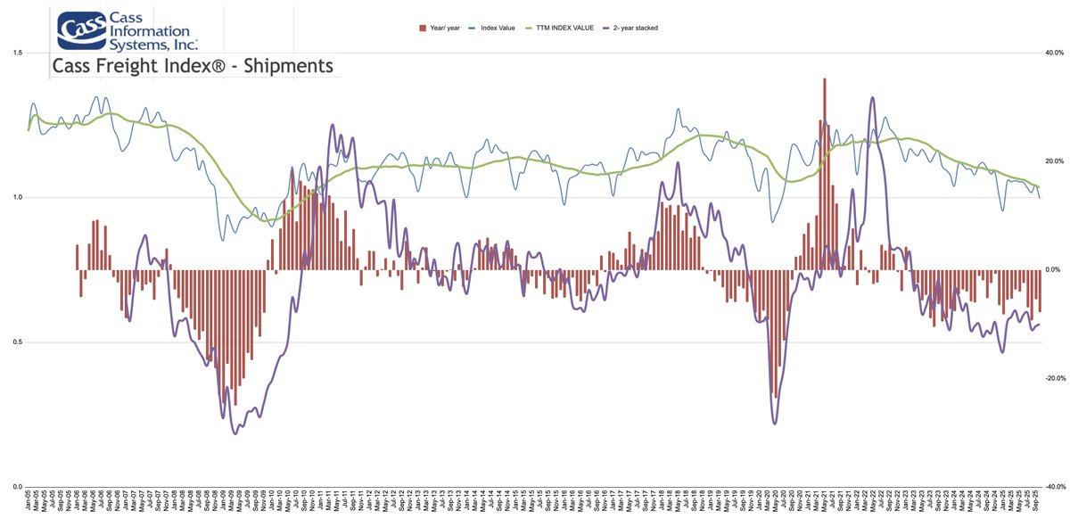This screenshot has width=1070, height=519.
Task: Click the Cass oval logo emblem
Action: [x=83, y=31]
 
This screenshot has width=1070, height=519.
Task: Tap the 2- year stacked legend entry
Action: [x=632, y=29]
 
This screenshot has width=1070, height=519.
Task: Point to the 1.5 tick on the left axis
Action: [x=17, y=53]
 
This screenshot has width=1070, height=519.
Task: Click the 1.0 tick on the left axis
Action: [x=17, y=197]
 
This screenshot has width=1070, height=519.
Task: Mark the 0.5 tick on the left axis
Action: [x=17, y=342]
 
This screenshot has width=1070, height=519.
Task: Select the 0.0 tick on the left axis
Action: [x=17, y=486]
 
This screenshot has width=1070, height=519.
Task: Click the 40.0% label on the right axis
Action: [x=1054, y=53]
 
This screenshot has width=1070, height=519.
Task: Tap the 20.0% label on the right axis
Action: [x=1054, y=161]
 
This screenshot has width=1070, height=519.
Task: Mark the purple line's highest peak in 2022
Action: [x=871, y=98]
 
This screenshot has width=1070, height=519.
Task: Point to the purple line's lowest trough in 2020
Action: [x=774, y=423]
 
